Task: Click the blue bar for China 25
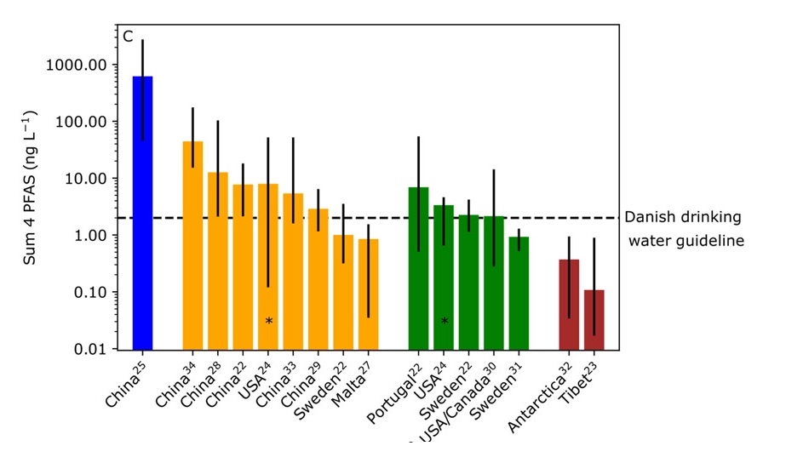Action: [142, 213]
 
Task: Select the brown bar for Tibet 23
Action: [594, 319]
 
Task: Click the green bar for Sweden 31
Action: [519, 293]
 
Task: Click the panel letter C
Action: [128, 37]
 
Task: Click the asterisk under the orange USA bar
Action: [269, 322]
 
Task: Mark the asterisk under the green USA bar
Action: [445, 322]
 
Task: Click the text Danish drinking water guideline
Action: [686, 229]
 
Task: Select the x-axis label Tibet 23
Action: [587, 377]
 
